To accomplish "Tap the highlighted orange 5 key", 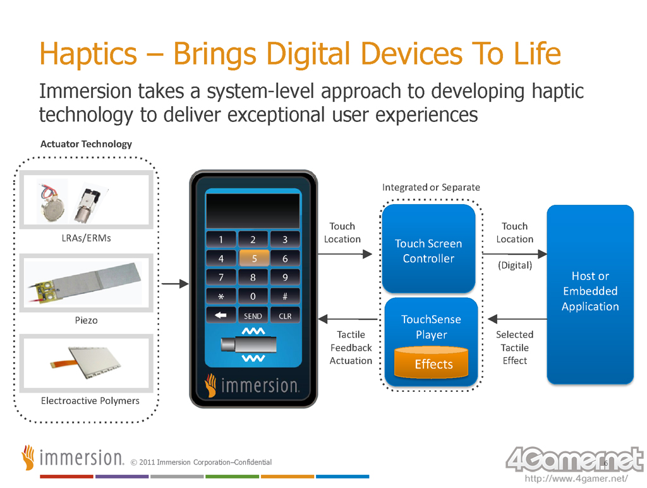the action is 254,258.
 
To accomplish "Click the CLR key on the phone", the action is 285,316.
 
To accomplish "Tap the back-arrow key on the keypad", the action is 221,315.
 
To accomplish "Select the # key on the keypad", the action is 285,296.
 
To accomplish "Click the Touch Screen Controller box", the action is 428,249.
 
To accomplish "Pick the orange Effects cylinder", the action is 431,362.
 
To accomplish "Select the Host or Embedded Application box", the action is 590,295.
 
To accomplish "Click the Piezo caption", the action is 86,320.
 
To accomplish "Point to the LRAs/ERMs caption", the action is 86,238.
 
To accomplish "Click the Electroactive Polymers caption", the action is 90,401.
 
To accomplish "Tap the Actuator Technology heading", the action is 86,144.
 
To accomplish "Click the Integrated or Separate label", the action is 431,188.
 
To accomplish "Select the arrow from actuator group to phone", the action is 175,284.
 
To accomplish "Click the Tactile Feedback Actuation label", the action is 351,348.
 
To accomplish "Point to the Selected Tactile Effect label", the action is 514,348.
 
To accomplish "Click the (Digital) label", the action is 515,265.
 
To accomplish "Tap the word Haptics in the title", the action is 88,54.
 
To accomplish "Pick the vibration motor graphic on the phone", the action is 248,345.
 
